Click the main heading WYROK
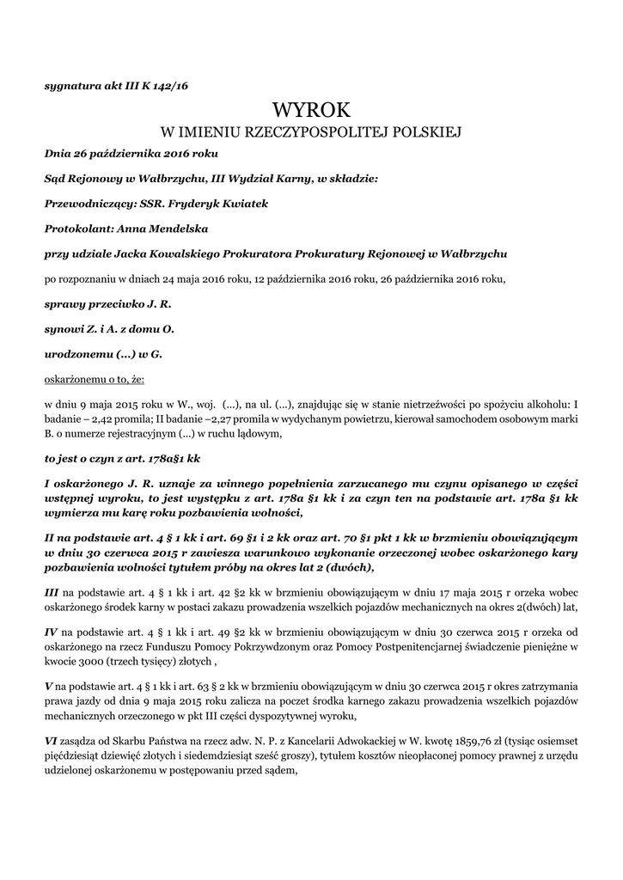pyautogui.click(x=312, y=110)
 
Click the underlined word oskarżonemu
pyautogui.click(x=75, y=378)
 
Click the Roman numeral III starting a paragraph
pyautogui.click(x=52, y=592)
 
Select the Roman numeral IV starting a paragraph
pyautogui.click(x=51, y=632)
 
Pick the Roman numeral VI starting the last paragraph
pyautogui.click(x=52, y=740)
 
